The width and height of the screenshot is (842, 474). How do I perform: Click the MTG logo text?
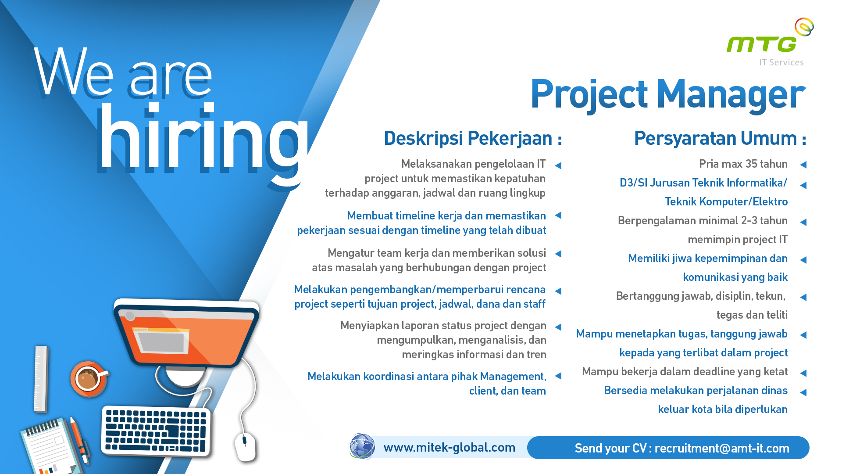click(761, 44)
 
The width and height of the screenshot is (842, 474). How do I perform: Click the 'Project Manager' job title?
click(667, 94)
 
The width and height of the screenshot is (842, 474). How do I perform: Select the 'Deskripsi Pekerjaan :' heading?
click(472, 138)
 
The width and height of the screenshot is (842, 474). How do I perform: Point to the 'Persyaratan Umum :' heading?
click(720, 138)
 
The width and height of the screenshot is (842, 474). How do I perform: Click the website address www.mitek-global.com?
click(449, 447)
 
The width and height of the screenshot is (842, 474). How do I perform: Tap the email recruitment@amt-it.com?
click(721, 448)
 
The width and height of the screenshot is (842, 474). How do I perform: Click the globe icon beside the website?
click(362, 446)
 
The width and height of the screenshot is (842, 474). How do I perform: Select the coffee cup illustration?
click(88, 378)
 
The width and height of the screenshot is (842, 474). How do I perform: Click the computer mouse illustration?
click(245, 446)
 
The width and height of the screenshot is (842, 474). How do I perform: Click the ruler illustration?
click(41, 379)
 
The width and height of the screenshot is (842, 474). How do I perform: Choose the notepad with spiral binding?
click(50, 448)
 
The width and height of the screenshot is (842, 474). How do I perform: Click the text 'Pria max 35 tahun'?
click(743, 164)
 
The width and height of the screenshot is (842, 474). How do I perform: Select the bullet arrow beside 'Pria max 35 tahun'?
click(803, 165)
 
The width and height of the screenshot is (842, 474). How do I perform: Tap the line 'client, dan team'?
click(507, 391)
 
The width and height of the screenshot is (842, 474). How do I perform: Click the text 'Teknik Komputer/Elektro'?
click(726, 202)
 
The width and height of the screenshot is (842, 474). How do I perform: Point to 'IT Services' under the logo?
click(781, 63)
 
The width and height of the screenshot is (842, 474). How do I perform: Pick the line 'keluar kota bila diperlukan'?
click(722, 409)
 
